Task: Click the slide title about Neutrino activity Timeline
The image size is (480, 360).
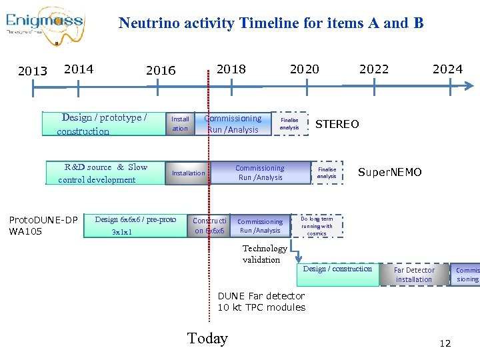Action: (x=271, y=23)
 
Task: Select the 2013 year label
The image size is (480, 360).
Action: (x=33, y=71)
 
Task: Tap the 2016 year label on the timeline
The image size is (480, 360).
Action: (x=161, y=71)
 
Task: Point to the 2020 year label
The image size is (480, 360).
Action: (x=304, y=69)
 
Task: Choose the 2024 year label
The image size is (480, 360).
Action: (x=447, y=69)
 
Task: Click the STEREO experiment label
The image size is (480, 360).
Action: (x=337, y=124)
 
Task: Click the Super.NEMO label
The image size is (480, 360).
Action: (x=389, y=173)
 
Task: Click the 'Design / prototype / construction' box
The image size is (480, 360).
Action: (x=103, y=124)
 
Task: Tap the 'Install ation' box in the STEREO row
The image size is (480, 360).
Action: (x=180, y=124)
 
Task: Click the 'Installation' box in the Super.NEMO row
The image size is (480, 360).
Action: (x=189, y=173)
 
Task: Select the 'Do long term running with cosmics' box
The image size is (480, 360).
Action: (x=317, y=225)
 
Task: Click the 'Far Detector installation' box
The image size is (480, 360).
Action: (x=414, y=275)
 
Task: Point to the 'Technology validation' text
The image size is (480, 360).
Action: (x=265, y=254)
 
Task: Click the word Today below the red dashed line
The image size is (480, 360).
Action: (x=207, y=339)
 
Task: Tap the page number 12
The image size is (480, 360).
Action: (x=445, y=343)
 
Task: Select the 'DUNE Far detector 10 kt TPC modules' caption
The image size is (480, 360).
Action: (x=261, y=301)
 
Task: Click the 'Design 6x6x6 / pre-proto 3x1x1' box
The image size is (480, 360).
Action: (x=135, y=225)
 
